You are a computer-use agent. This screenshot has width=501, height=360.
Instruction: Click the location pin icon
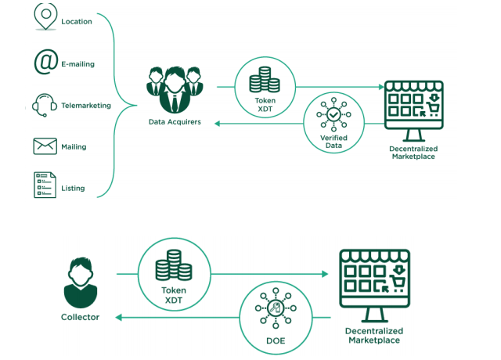point(45,16)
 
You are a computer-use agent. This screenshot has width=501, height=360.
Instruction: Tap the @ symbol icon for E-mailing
point(45,63)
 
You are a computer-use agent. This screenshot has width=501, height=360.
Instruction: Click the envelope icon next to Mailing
point(45,146)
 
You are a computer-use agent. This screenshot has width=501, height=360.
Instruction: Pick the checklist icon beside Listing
point(45,185)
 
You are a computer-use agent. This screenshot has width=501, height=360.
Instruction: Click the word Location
point(77,22)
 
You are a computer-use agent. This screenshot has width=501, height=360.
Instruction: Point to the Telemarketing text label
point(86,106)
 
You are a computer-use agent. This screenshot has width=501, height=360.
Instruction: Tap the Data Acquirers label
point(175,122)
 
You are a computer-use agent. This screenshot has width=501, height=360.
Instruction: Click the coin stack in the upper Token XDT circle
point(265,80)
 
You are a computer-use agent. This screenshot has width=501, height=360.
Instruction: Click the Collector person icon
point(81,283)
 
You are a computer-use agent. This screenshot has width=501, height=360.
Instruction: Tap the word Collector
point(81,317)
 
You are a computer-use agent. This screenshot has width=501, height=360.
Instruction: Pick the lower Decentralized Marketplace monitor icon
point(373,285)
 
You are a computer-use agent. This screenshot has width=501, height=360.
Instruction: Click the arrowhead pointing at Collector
point(120,316)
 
